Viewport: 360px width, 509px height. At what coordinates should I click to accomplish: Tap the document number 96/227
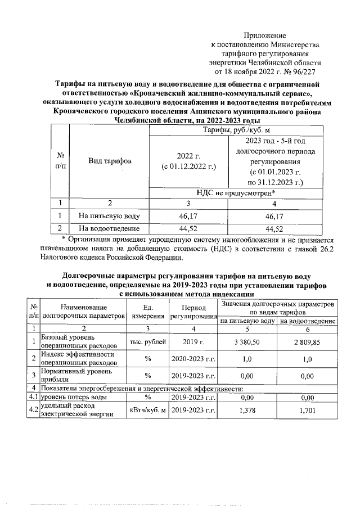(x=307, y=72)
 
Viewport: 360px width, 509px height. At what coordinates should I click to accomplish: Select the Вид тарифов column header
(x=110, y=161)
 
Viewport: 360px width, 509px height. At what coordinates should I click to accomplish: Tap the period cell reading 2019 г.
(x=193, y=341)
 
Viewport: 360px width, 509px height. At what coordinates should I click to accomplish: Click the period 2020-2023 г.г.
(x=193, y=358)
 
